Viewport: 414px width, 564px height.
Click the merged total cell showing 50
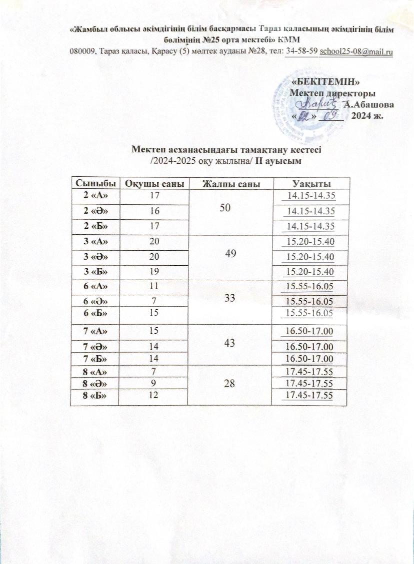[x=231, y=211]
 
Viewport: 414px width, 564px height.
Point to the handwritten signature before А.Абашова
[x=317, y=104]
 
